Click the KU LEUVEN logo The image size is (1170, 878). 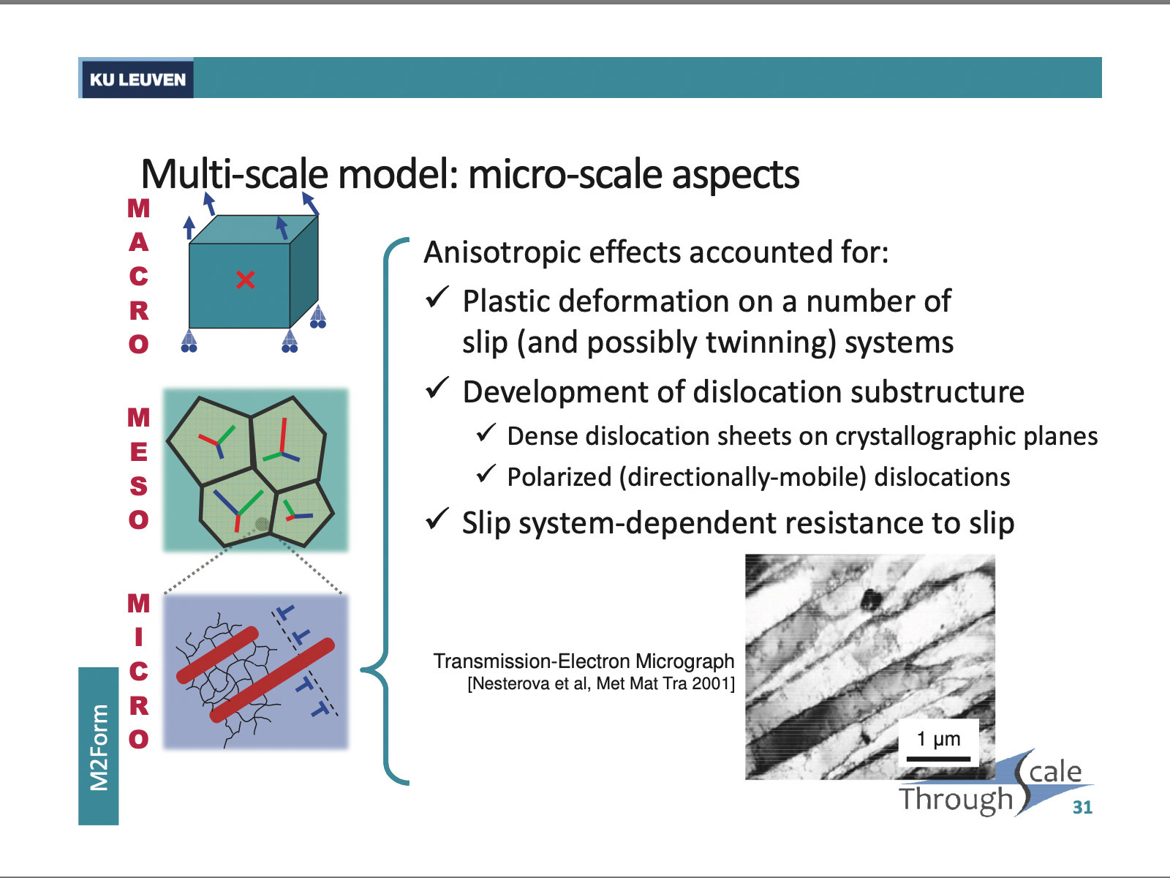(x=137, y=79)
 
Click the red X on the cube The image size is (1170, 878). (x=246, y=279)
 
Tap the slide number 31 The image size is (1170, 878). (x=1082, y=807)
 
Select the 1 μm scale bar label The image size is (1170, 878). (x=939, y=739)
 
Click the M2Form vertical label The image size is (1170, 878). (x=99, y=747)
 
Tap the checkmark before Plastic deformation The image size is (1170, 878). (x=437, y=298)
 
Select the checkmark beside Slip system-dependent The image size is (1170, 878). (x=437, y=519)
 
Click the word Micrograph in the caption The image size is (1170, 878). (x=684, y=661)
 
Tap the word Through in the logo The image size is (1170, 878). (x=956, y=800)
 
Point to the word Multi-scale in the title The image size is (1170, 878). (x=234, y=174)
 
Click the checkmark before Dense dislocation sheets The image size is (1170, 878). (x=486, y=433)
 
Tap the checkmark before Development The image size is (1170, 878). (x=437, y=389)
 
